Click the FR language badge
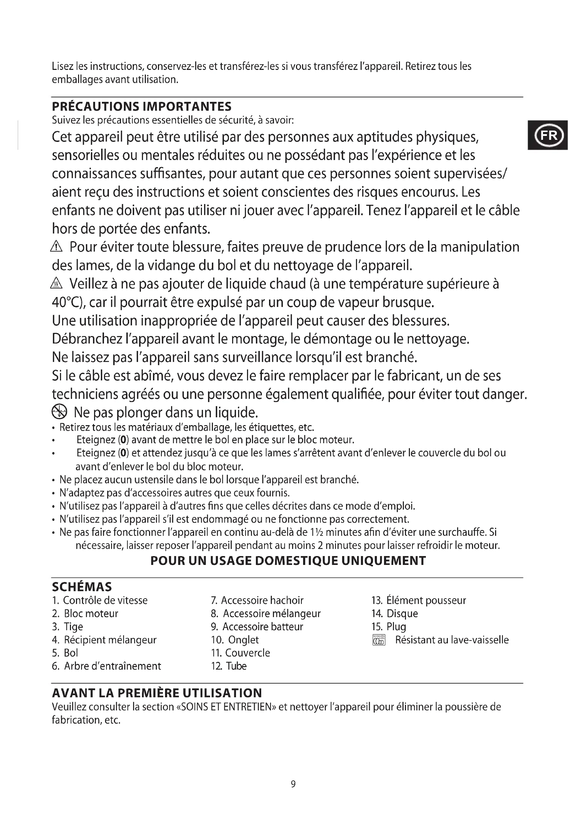tap(548, 135)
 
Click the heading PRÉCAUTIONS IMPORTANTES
tap(142, 107)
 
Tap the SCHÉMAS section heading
tap(82, 586)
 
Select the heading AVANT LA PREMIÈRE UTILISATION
tap(157, 693)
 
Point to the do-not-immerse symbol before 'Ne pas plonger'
tap(60, 411)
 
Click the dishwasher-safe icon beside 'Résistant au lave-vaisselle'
tap(379, 640)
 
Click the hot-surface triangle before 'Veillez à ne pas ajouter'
tap(57, 284)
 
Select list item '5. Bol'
tap(65, 653)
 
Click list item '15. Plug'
tap(389, 626)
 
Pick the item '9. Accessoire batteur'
tap(257, 626)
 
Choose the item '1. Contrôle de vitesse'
tap(100, 600)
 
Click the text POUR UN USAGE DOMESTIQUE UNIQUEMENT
tap(288, 560)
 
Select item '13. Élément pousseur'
tap(418, 600)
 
